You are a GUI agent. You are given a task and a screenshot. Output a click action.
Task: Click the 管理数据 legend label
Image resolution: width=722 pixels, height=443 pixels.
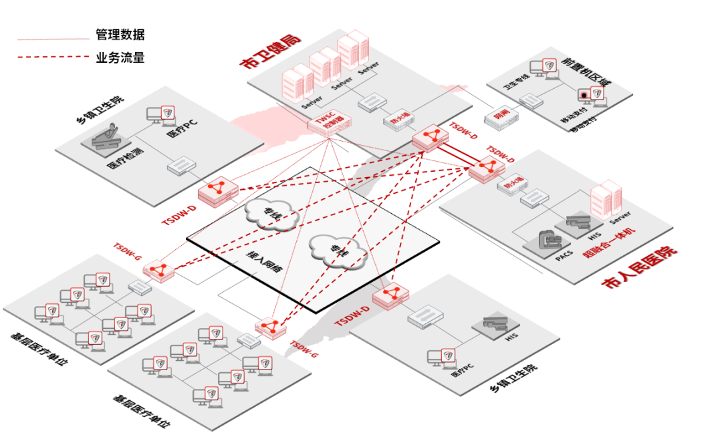pyautogui.click(x=120, y=34)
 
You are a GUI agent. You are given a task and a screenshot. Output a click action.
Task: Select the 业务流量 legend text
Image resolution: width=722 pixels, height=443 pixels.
pyautogui.click(x=120, y=57)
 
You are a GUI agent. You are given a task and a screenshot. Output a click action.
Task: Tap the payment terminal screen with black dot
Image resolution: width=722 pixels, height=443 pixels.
pyautogui.click(x=584, y=94)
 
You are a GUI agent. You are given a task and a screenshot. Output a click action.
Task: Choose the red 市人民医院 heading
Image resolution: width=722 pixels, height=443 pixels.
pyautogui.click(x=639, y=267)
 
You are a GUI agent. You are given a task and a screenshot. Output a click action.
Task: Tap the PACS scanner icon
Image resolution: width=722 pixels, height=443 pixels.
pyautogui.click(x=549, y=241)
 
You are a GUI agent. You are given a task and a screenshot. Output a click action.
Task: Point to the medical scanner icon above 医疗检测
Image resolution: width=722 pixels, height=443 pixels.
pyautogui.click(x=106, y=137)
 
